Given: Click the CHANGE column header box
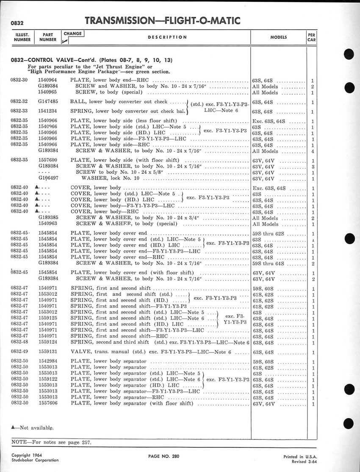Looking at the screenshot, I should coord(73,33).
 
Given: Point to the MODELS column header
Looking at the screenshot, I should coord(278,37).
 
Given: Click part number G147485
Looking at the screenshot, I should coord(48,102).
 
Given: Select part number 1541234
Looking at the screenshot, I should coord(48,112).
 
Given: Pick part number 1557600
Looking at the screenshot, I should coord(48,161).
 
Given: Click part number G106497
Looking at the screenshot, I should coord(48,178).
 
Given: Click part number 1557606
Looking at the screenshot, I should coord(48,404).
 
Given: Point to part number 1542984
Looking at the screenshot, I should coord(48,362).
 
